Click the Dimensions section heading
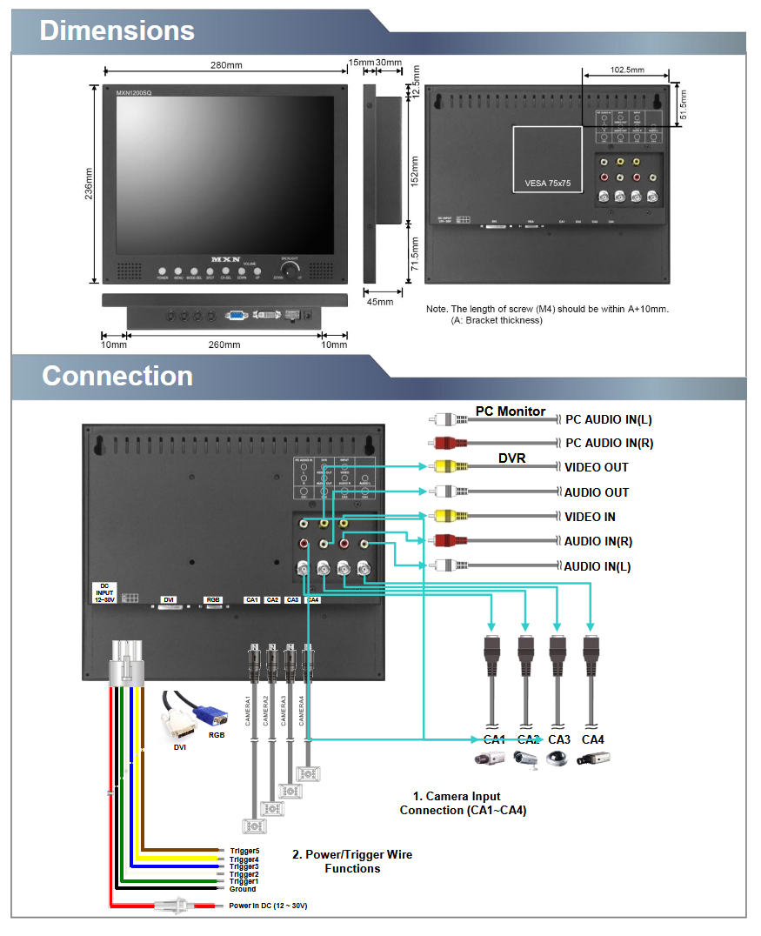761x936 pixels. pos(117,31)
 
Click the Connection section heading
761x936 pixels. pos(117,376)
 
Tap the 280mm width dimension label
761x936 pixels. pos(225,66)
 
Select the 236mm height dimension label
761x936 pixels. pos(89,184)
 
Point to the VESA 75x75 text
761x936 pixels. pos(547,184)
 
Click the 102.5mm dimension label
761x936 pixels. pos(627,70)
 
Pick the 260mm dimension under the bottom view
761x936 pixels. pos(225,345)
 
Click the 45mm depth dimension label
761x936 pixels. pos(380,302)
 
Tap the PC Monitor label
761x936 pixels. pos(510,411)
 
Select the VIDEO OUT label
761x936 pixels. pos(596,467)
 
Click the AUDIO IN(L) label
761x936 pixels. pos(597,566)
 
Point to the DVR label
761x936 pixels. pos(511,458)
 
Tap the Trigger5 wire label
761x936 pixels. pos(244,851)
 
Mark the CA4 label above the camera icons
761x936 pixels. pos(593,739)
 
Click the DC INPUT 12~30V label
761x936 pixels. pos(104,593)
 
